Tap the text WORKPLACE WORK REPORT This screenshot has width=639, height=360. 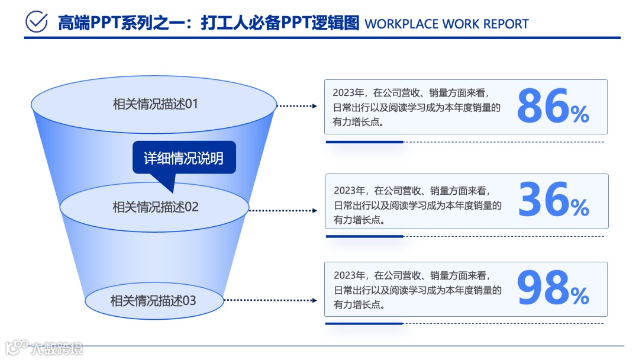[447, 24]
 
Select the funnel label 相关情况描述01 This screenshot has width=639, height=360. [155, 104]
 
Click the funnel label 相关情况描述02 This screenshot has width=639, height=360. [156, 207]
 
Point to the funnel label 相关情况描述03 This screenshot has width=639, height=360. [153, 301]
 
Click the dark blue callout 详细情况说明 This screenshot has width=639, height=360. [183, 158]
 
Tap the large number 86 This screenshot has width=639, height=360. [543, 107]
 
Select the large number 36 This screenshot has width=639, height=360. [543, 200]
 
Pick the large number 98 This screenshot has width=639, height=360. [543, 288]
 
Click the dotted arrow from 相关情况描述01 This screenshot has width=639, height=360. [298, 106]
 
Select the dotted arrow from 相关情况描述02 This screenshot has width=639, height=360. [283, 210]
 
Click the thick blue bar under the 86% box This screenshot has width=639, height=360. [364, 142]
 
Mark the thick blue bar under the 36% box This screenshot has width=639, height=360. [364, 236]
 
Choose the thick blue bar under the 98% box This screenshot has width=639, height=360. [364, 323]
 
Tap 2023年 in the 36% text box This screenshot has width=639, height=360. [348, 191]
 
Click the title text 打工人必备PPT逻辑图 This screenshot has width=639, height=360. [280, 23]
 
